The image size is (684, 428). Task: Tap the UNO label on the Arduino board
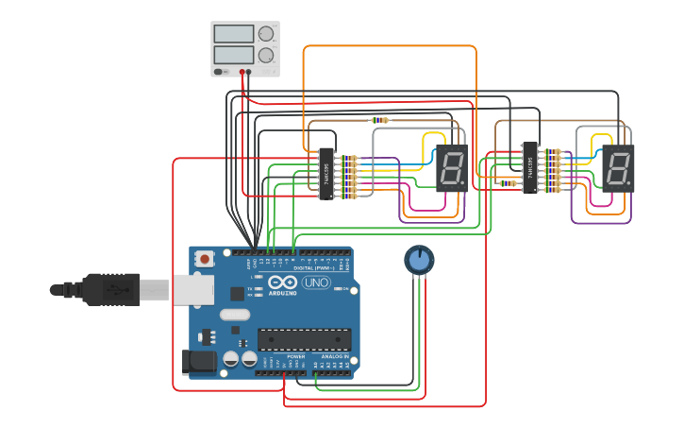coord(315,282)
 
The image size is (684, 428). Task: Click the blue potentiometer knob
coord(419,259)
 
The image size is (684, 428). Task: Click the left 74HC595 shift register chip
coord(325,174)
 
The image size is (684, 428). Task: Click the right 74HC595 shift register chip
coord(529,167)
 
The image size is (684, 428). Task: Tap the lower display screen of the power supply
coord(233,56)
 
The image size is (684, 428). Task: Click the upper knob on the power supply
coord(266,36)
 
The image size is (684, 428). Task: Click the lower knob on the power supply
coord(266,56)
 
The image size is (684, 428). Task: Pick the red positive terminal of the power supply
coord(242,72)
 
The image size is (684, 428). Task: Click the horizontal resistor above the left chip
coord(379,120)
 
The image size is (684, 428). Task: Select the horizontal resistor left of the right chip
coord(507,183)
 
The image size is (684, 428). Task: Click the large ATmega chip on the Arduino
coord(304,338)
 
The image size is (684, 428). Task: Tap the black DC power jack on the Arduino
coord(195,360)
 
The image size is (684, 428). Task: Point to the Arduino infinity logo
coord(282,282)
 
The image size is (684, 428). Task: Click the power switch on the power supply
coord(220,72)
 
